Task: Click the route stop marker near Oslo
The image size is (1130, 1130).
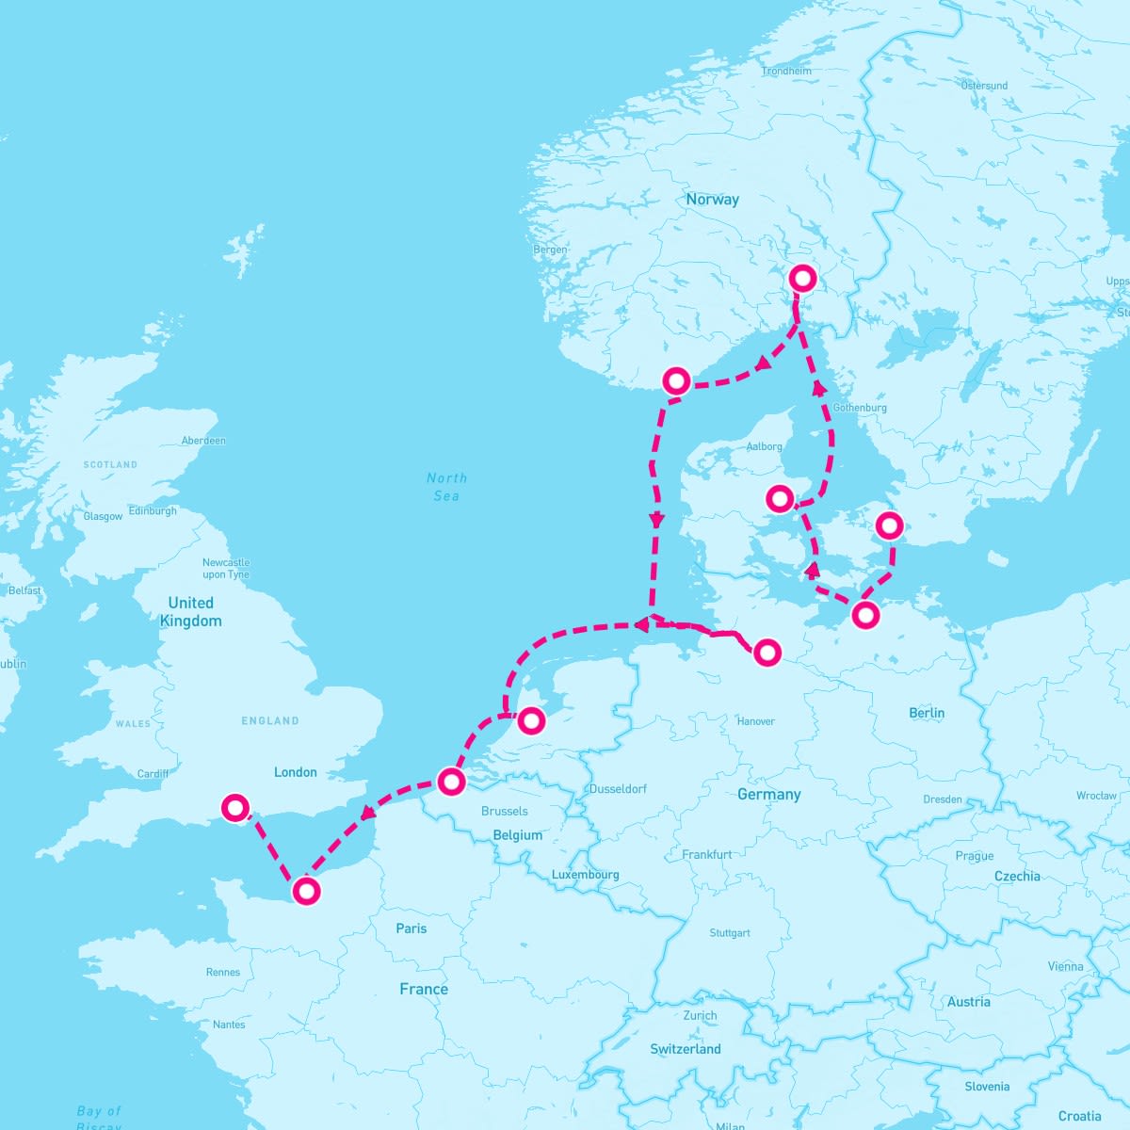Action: (x=802, y=278)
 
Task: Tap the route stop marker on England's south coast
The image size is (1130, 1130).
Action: (x=234, y=807)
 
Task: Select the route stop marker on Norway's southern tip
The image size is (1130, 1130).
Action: (x=676, y=380)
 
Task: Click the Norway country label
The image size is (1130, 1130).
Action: (x=712, y=200)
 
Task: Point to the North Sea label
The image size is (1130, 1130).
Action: (x=446, y=487)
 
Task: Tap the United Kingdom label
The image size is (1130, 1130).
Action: (x=191, y=611)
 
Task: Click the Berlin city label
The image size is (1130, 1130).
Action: (x=927, y=713)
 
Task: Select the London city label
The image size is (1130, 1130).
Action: (x=296, y=772)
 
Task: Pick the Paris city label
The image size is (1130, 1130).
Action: (x=412, y=928)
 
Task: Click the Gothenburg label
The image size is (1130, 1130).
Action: (x=860, y=408)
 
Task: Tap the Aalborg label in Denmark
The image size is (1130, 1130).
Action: (x=764, y=446)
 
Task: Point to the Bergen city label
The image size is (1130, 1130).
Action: (x=550, y=250)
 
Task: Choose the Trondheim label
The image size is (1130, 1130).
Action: (x=786, y=72)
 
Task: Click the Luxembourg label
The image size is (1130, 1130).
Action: (x=585, y=875)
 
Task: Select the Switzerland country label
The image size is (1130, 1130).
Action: (x=686, y=1049)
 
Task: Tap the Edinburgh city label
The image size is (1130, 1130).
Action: (x=153, y=510)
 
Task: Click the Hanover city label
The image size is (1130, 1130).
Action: (x=755, y=721)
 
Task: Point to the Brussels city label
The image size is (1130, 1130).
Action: (x=504, y=811)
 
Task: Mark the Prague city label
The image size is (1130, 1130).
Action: (x=974, y=856)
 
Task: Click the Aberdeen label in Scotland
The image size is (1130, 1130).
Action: (x=203, y=441)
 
